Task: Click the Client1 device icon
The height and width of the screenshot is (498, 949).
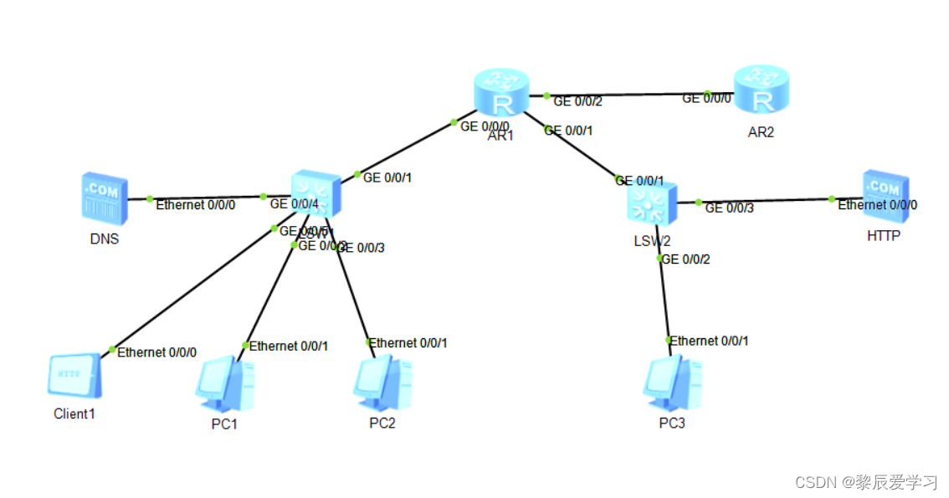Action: pos(74,376)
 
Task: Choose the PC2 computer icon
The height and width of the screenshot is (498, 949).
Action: pos(382,383)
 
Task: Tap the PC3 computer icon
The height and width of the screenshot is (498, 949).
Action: pos(672,383)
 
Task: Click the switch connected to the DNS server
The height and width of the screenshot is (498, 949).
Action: pos(315,196)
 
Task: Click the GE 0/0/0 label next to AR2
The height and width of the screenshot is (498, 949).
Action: pos(707,98)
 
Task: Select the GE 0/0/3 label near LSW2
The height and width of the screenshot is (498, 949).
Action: pos(729,208)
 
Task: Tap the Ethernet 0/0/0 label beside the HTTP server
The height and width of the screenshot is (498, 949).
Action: pos(877,205)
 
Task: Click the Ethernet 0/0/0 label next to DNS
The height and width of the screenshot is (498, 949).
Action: pos(196,204)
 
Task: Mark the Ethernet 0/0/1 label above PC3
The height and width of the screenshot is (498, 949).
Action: pos(710,341)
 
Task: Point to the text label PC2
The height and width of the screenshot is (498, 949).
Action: pos(382,423)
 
